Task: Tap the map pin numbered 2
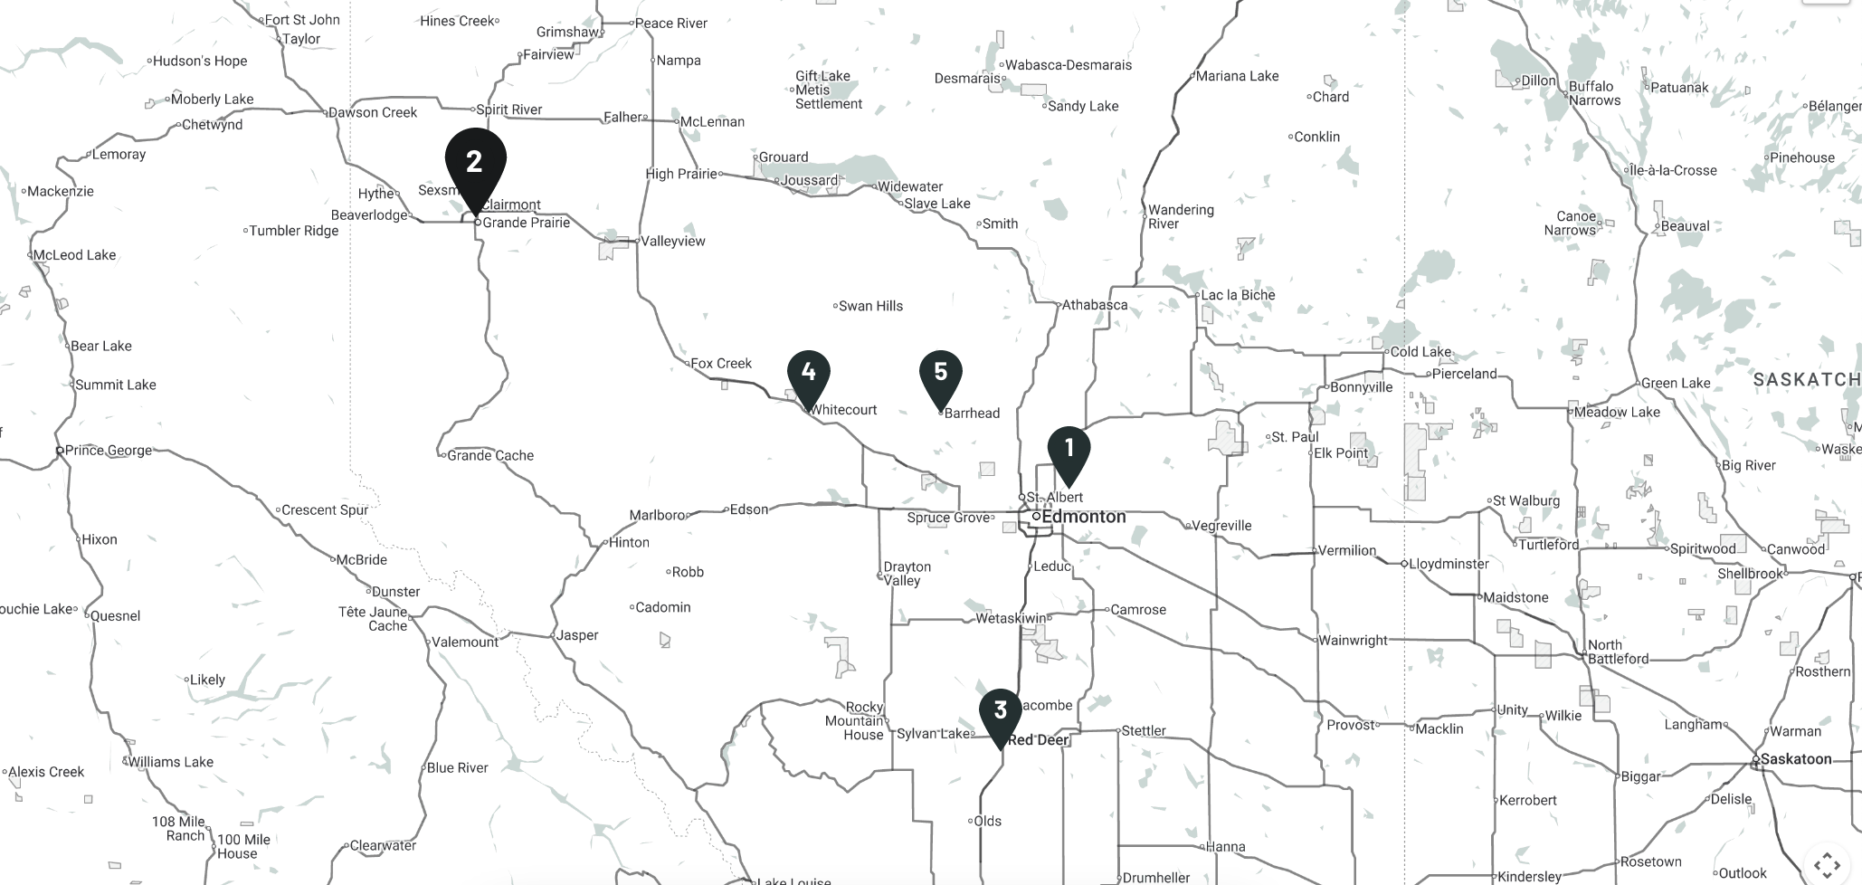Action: (x=475, y=164)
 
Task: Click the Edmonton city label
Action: (x=1083, y=517)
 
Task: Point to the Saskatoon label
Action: (x=1795, y=759)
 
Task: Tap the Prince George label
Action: (x=108, y=450)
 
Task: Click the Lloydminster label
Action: (x=1448, y=564)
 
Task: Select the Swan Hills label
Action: (x=870, y=306)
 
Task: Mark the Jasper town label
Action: (x=577, y=635)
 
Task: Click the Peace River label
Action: (x=670, y=24)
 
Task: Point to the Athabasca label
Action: (x=1095, y=305)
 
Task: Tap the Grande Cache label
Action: (x=490, y=455)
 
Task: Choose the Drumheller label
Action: (x=1155, y=877)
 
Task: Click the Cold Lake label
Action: (x=1420, y=352)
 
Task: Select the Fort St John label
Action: (x=302, y=20)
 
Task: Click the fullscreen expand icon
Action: (x=1827, y=863)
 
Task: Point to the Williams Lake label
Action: (x=170, y=762)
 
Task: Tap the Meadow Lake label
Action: (x=1617, y=413)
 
